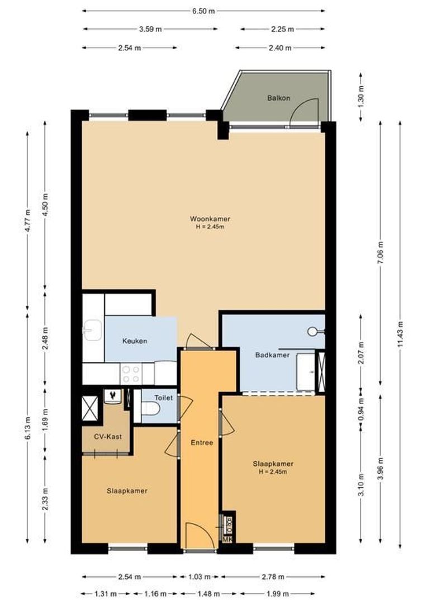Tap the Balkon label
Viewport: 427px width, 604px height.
click(278, 98)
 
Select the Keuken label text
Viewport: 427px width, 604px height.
click(135, 341)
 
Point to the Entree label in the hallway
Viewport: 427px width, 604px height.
click(202, 442)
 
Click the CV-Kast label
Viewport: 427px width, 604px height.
click(106, 436)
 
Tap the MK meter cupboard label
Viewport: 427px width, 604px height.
click(227, 539)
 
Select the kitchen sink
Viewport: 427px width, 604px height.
click(92, 330)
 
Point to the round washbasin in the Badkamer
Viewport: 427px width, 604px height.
click(312, 331)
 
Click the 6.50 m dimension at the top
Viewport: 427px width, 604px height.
click(204, 11)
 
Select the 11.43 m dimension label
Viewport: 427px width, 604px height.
click(401, 335)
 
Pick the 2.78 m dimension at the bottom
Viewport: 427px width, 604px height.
click(273, 577)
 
